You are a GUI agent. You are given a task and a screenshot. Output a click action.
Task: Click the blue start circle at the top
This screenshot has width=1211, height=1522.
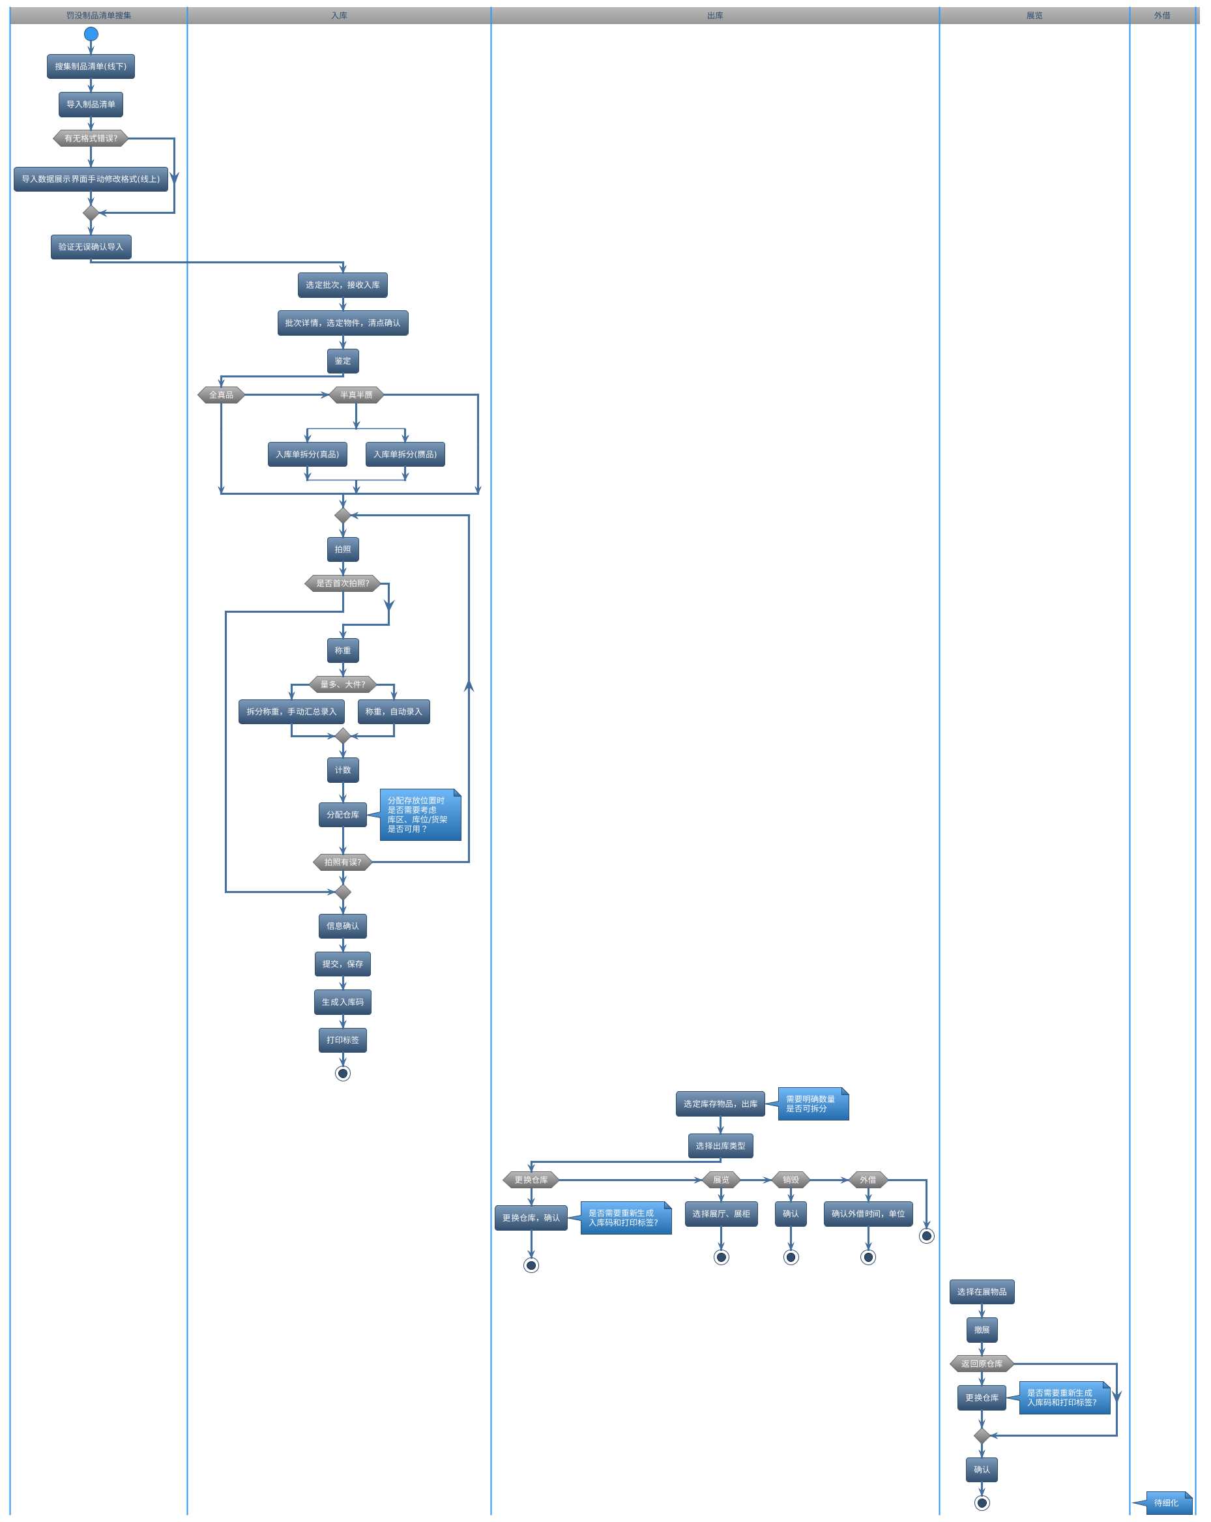click(x=91, y=33)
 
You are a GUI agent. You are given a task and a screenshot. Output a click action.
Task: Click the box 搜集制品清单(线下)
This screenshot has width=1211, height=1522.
click(x=91, y=66)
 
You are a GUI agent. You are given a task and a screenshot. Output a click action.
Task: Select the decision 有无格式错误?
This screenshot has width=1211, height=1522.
click(x=91, y=138)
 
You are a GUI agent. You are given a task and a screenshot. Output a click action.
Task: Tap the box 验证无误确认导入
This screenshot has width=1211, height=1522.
click(x=91, y=247)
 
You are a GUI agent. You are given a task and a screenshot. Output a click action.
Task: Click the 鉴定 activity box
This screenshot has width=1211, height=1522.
click(x=343, y=360)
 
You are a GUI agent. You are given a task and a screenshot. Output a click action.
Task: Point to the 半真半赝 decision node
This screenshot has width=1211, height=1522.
click(x=357, y=394)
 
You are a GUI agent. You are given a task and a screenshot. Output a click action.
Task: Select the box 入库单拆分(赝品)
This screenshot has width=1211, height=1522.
click(x=405, y=454)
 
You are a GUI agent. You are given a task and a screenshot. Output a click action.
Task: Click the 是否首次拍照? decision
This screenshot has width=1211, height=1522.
click(x=342, y=583)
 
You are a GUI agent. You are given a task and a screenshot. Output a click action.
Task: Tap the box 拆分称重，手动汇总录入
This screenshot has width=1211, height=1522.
click(x=291, y=712)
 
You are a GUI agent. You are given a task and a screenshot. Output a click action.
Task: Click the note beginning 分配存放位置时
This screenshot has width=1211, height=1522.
click(x=420, y=815)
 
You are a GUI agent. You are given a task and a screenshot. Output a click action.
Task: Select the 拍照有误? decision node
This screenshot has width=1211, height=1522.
click(x=342, y=862)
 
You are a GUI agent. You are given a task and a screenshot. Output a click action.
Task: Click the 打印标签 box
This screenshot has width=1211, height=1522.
click(x=342, y=1040)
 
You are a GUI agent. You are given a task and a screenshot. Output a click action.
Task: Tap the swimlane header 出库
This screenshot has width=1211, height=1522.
click(x=715, y=16)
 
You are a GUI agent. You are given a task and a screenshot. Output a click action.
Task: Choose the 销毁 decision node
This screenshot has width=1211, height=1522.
click(x=791, y=1180)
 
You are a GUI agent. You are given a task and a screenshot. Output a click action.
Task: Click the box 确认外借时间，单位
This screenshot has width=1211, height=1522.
click(x=868, y=1214)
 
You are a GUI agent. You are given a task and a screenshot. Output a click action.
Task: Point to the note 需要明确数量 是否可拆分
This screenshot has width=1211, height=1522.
click(x=813, y=1104)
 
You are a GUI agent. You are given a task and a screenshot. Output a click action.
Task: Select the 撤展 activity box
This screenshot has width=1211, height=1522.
click(x=982, y=1330)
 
